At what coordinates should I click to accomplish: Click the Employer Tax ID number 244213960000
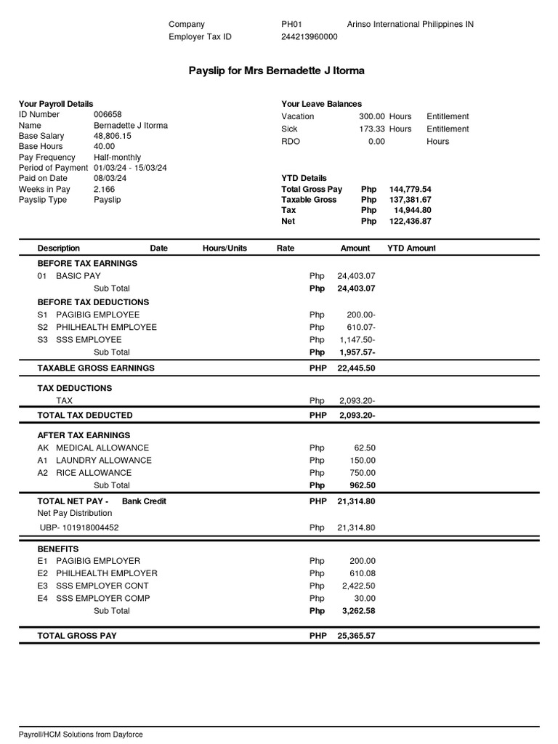[310, 36]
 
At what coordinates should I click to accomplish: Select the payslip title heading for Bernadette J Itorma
[277, 71]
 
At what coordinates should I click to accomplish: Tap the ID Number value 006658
[108, 114]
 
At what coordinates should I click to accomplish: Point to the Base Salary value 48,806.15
[113, 136]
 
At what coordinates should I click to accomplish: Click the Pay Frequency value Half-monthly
[117, 157]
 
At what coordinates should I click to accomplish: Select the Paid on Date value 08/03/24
[110, 178]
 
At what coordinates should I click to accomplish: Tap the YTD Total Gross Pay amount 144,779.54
[411, 189]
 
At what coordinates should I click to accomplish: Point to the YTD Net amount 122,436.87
[411, 221]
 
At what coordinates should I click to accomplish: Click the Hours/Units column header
[225, 248]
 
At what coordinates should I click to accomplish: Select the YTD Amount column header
[411, 248]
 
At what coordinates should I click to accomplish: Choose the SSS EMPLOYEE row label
[79, 339]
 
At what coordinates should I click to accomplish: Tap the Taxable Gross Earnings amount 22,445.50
[356, 368]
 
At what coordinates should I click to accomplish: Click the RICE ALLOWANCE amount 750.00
[361, 472]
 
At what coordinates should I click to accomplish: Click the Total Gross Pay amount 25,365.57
[356, 636]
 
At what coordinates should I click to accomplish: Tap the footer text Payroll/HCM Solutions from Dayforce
[81, 734]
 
